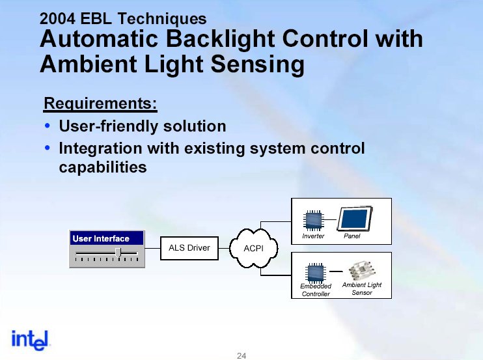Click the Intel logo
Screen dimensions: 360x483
[x=31, y=339]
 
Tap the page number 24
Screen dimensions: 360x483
[x=241, y=355]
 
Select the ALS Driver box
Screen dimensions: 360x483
[x=189, y=248]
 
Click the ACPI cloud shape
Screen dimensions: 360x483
[x=253, y=249]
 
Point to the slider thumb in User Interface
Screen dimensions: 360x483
[x=118, y=252]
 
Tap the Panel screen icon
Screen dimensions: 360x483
[x=355, y=218]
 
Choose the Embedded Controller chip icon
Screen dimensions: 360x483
[x=316, y=271]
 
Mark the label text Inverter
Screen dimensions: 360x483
[x=313, y=236]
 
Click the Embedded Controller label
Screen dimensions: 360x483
[x=316, y=290]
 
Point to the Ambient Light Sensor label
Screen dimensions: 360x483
[x=362, y=289]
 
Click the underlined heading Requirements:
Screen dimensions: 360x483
[x=100, y=104]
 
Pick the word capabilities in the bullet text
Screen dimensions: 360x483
[x=103, y=167]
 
